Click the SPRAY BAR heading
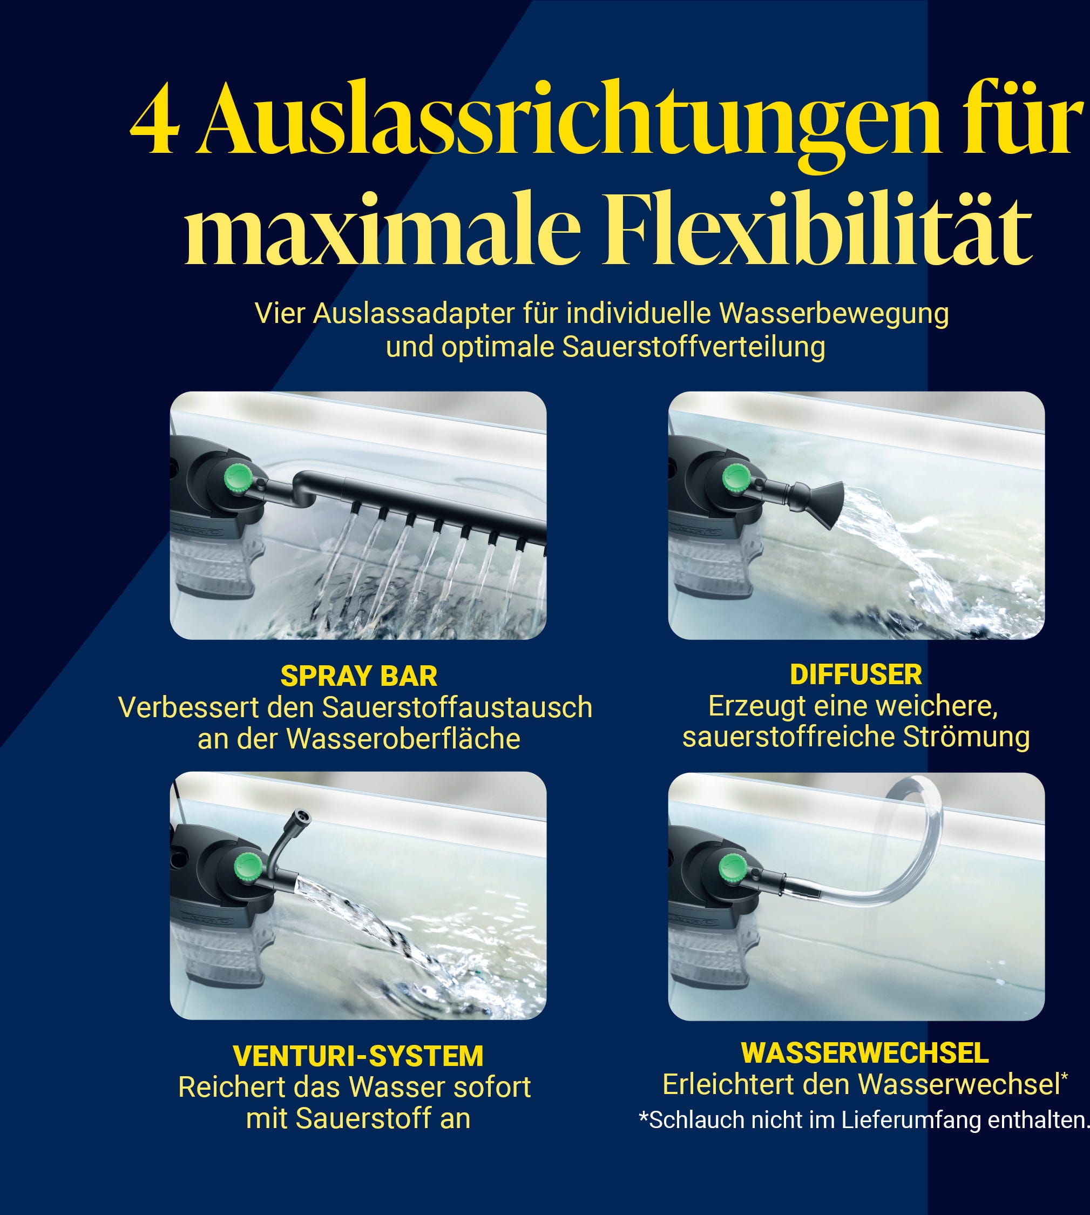[x=358, y=676]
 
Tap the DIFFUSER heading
[x=856, y=674]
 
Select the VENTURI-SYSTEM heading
[x=358, y=1056]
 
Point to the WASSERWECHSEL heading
[x=865, y=1052]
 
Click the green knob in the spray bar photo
[x=239, y=478]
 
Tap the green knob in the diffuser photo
[x=736, y=478]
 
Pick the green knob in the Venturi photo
[x=247, y=866]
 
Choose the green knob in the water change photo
[x=733, y=867]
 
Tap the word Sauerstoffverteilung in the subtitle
[x=694, y=347]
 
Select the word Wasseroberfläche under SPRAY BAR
[x=403, y=739]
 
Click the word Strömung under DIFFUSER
[x=966, y=737]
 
